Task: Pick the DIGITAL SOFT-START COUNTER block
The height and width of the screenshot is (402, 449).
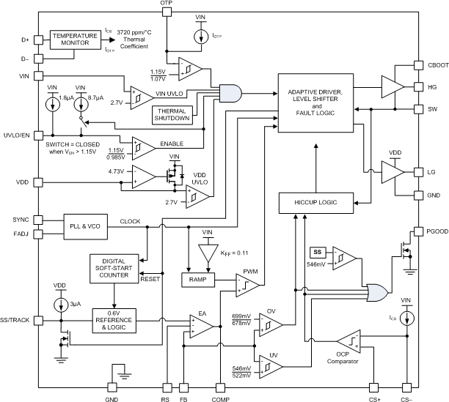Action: (114, 270)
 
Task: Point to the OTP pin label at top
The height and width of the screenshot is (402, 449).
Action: (167, 4)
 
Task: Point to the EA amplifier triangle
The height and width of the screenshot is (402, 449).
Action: (199, 324)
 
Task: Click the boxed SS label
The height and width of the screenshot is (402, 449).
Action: (318, 251)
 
